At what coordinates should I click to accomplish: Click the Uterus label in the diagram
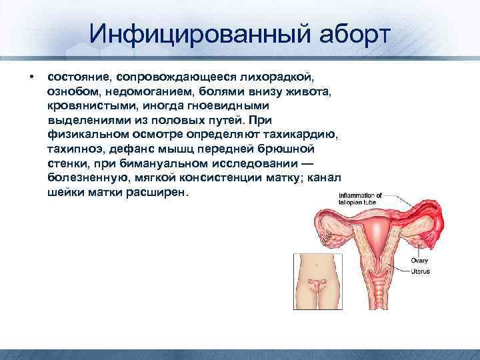420,271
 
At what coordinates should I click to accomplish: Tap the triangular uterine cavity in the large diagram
379,244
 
